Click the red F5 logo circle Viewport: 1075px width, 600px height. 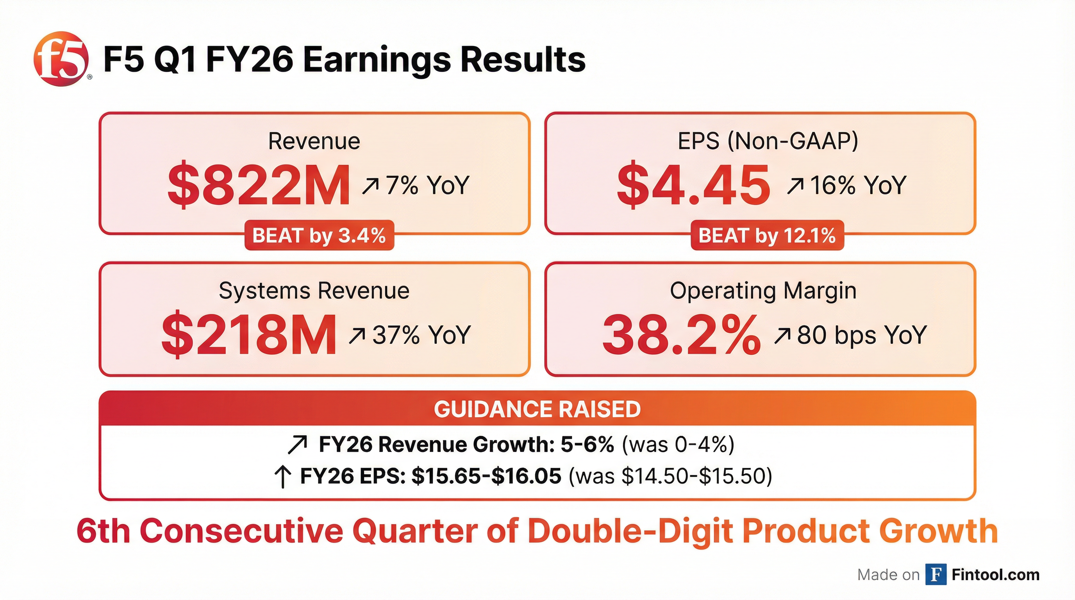(x=62, y=59)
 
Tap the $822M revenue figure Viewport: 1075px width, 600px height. (x=259, y=185)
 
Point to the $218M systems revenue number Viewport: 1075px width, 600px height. (x=249, y=335)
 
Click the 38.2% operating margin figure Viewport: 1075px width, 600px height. (x=682, y=335)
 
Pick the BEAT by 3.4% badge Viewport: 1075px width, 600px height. (x=319, y=235)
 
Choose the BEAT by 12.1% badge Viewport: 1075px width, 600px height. (x=767, y=235)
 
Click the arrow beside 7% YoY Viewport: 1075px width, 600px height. (x=370, y=186)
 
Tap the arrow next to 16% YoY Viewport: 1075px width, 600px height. (x=795, y=186)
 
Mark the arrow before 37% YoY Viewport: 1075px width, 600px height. (x=357, y=336)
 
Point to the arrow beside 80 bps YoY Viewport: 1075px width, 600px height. (x=782, y=336)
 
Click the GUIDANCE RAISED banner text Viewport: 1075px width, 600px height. (x=537, y=409)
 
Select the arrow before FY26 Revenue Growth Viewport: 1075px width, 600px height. (x=298, y=445)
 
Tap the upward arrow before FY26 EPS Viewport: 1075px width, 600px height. (x=283, y=477)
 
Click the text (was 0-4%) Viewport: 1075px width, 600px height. (x=678, y=445)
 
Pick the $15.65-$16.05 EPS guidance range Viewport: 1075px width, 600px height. (x=486, y=476)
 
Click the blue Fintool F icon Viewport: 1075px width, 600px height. (x=936, y=575)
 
